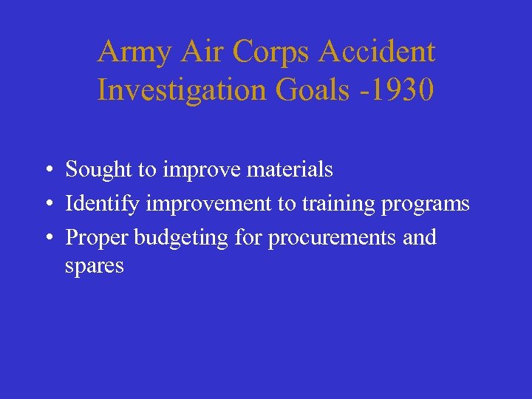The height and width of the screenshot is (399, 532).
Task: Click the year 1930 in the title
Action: coord(405,90)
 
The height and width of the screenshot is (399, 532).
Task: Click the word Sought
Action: coord(98,170)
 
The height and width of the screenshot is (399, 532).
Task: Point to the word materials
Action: coord(290,170)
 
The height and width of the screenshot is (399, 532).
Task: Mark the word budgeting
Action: coord(177,238)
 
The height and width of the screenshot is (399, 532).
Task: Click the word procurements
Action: coord(324,238)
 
